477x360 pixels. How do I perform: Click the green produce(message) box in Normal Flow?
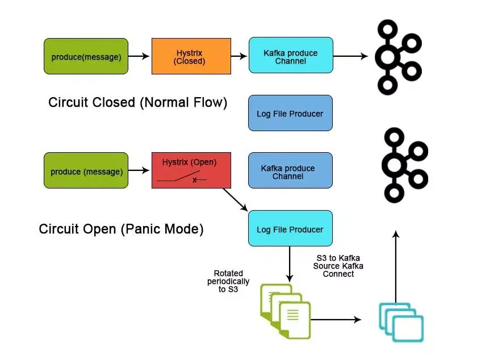(x=86, y=56)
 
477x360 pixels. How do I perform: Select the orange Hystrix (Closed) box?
(x=191, y=56)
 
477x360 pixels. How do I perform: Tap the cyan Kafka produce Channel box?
(x=290, y=56)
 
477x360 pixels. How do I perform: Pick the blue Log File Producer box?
(x=290, y=114)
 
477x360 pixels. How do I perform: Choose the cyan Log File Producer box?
(x=290, y=229)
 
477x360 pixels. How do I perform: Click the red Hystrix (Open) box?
(x=191, y=170)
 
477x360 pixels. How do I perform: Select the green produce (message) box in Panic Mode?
(x=86, y=171)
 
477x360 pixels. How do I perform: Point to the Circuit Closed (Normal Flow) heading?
(x=138, y=103)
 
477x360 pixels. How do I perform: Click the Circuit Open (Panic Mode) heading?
(x=121, y=229)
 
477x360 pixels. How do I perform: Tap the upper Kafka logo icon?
(x=396, y=56)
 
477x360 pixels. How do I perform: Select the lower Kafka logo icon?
(x=402, y=165)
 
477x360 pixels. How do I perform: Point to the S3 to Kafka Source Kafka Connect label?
(x=338, y=266)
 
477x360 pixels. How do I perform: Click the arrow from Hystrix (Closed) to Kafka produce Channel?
(x=240, y=56)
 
